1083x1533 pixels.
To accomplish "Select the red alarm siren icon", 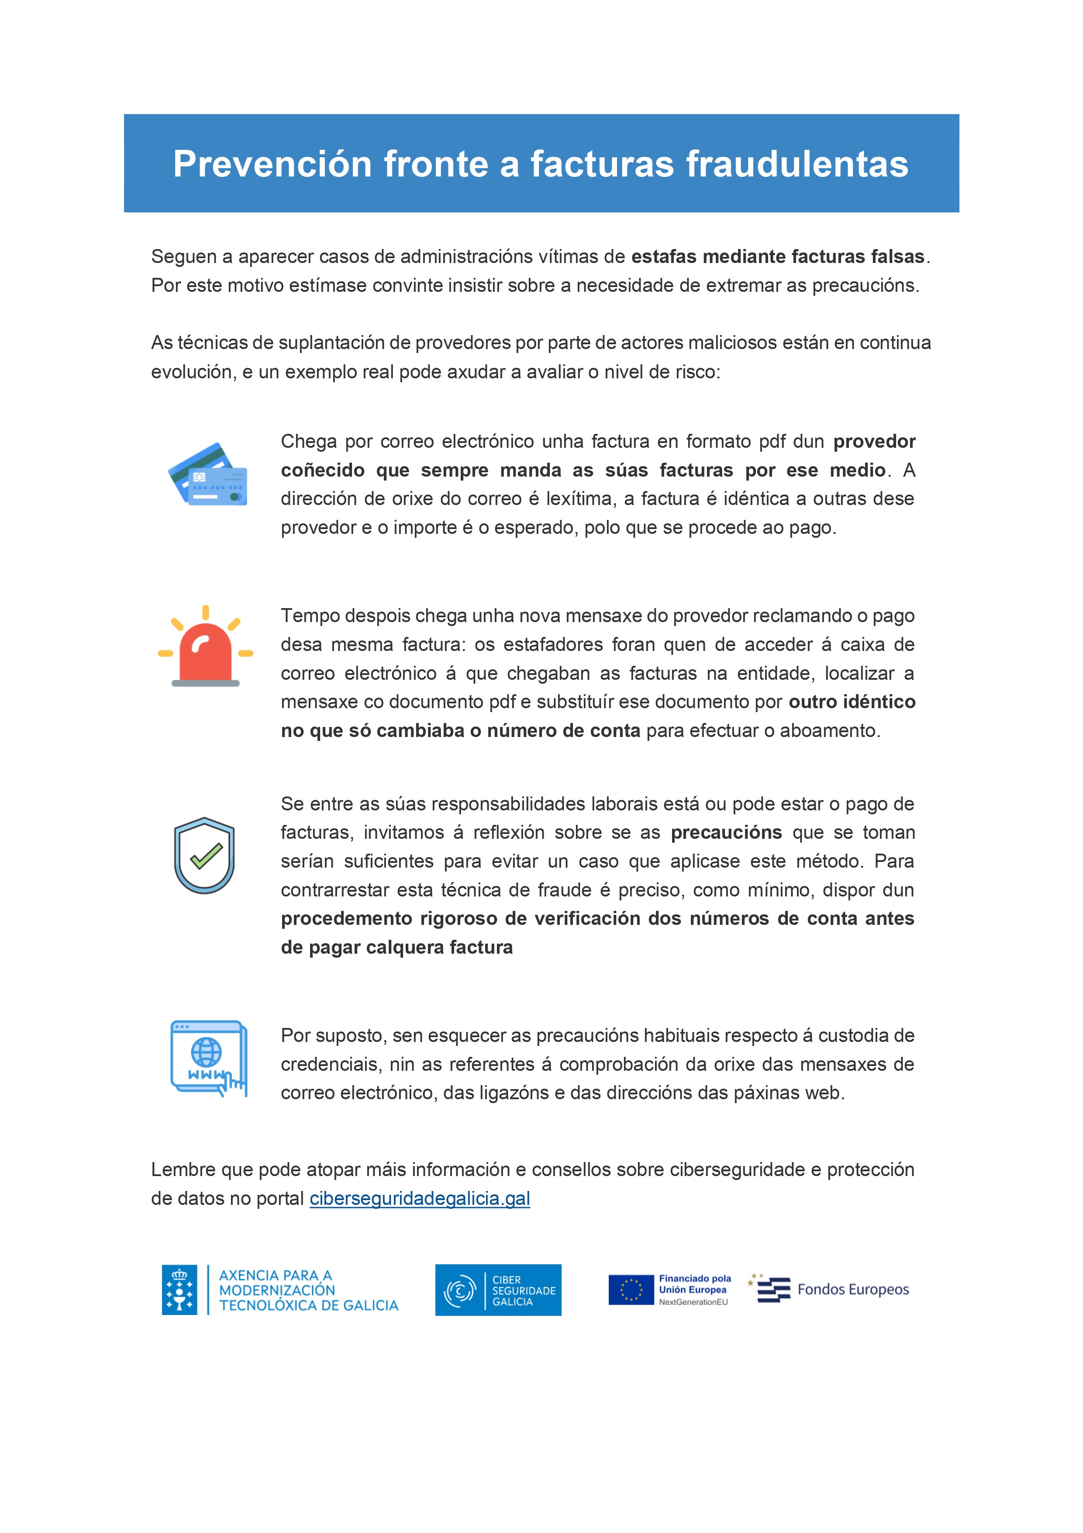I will point(206,647).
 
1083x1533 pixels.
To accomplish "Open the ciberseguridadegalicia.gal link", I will point(419,1198).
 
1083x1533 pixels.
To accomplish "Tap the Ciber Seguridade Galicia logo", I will point(498,1290).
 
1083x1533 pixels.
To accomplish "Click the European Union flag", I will point(631,1289).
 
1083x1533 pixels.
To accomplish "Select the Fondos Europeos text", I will point(853,1289).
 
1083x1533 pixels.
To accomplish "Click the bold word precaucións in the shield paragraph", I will point(726,833).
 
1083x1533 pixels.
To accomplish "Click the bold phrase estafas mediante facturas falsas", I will point(777,256).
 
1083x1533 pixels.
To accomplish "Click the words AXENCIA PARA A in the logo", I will point(275,1275).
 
